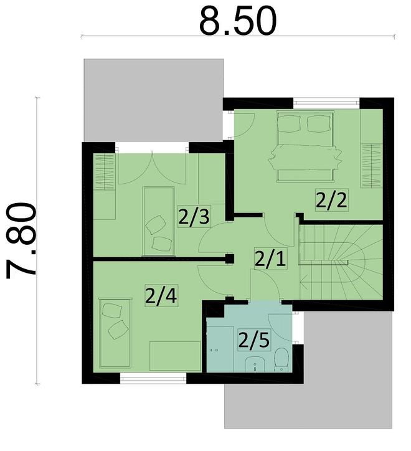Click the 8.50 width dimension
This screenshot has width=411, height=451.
click(x=237, y=21)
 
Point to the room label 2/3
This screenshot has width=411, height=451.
click(x=192, y=217)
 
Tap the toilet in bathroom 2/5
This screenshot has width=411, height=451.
click(x=281, y=359)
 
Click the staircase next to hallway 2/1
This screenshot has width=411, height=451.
click(x=339, y=261)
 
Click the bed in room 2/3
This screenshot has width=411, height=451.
click(x=158, y=221)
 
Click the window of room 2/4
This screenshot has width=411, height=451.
click(x=153, y=378)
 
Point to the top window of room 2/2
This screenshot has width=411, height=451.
click(x=326, y=102)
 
